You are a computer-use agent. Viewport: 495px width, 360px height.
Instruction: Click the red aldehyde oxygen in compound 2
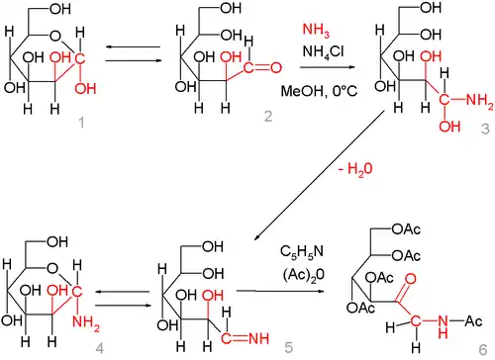tap(275, 68)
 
